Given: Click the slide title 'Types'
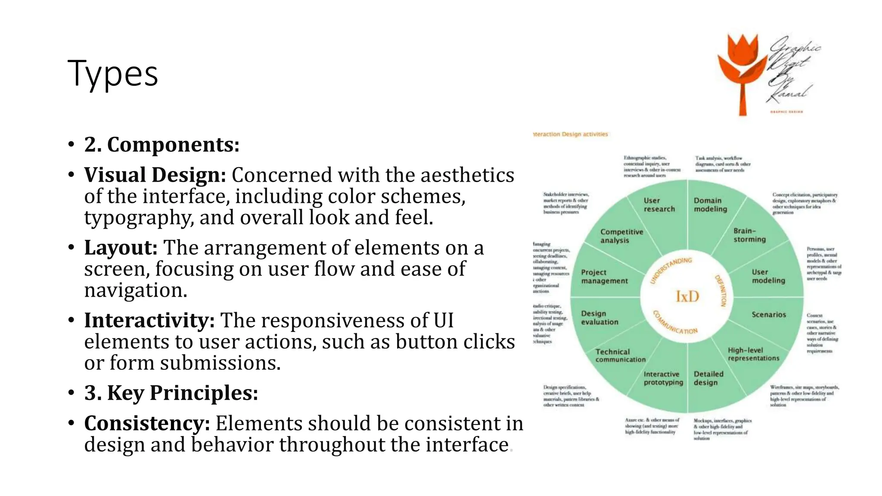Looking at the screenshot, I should tap(113, 73).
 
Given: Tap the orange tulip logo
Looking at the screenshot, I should tap(743, 69).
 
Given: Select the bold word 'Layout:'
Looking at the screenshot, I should tap(121, 248).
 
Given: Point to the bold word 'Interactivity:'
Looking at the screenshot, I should tap(149, 321).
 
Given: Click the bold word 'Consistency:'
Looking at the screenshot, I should tap(147, 423).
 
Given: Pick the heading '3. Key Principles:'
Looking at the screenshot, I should tap(171, 393).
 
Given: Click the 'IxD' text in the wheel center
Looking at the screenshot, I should tap(687, 297).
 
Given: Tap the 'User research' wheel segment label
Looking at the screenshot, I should tap(659, 205).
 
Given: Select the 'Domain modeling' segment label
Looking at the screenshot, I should tap(710, 205).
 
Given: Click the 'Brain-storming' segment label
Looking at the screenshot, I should tap(750, 235).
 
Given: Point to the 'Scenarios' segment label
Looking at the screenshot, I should tap(769, 315).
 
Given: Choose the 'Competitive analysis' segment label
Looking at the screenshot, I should tap(621, 236).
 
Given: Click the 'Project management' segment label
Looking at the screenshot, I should tap(604, 277).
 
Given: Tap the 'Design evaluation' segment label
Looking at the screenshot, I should tap(599, 318).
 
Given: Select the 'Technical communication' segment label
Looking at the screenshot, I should tap(620, 356).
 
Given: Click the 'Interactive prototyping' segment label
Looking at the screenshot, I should tap(663, 378).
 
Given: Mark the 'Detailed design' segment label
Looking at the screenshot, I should tap(708, 378).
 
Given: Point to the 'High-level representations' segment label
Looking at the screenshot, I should tap(753, 354).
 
